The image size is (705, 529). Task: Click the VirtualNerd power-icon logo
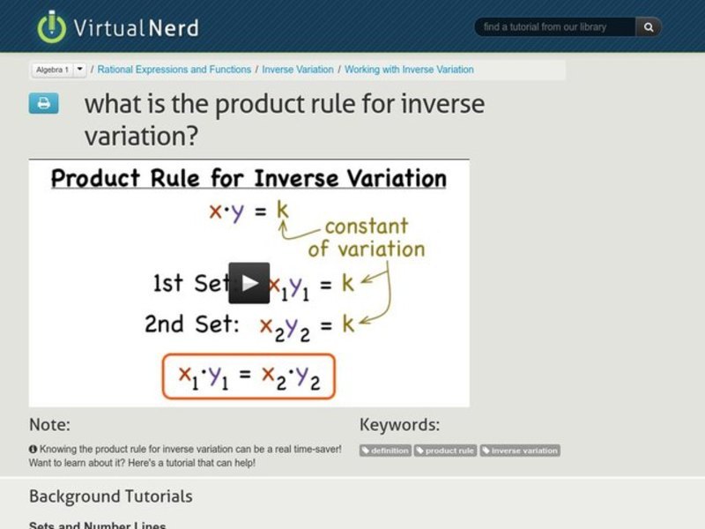coord(52,26)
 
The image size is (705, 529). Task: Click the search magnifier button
coord(649,27)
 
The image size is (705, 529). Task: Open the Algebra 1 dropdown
coord(80,69)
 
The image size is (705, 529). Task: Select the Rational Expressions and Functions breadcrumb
coord(174,69)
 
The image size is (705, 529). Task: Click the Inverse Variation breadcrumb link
coord(299,69)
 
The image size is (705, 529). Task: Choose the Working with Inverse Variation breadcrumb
coord(409,69)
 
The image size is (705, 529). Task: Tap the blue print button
coord(43,103)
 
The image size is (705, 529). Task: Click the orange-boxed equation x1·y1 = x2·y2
coord(248,376)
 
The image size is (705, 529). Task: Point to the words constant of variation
coord(366,237)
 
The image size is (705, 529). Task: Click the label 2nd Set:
coord(190,324)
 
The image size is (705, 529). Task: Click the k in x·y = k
coord(282,211)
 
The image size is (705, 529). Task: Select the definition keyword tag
coord(386,451)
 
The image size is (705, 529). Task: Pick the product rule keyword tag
coord(446,451)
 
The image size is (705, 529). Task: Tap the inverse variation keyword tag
coord(520,451)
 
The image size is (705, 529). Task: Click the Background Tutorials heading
coord(110,496)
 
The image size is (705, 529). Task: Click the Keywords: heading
coord(399,425)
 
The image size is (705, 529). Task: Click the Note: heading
coord(49,425)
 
